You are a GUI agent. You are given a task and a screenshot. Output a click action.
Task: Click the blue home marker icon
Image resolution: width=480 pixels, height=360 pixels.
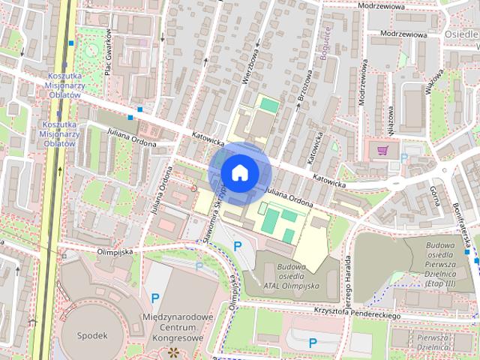tap(239, 172)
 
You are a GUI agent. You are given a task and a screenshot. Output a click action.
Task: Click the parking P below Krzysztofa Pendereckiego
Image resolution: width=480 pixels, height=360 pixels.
tap(313, 343)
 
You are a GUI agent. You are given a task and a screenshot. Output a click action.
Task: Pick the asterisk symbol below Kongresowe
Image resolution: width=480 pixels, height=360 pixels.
tap(173, 352)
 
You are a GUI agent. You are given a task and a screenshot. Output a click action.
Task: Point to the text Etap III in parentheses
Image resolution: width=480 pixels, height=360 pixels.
tap(442, 281)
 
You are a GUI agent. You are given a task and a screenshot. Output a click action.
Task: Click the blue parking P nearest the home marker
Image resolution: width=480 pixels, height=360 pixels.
tap(238, 245)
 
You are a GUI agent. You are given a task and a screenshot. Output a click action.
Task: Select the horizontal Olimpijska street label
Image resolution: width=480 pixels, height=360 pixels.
tap(115, 253)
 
